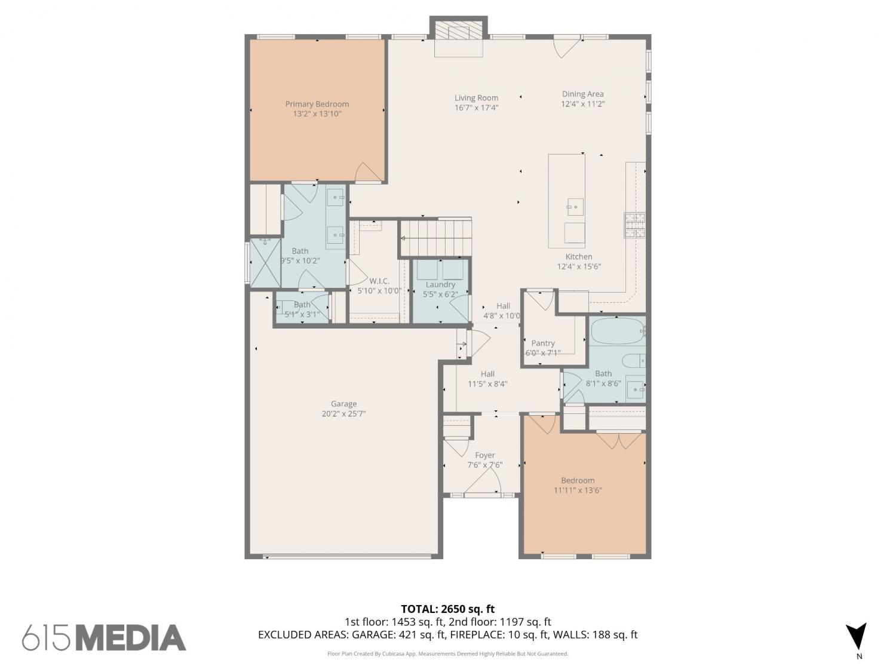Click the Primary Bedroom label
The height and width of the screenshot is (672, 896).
317,104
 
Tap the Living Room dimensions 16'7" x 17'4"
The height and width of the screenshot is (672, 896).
476,108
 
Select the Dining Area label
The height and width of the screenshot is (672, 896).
582,94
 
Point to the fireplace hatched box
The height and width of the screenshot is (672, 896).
458,30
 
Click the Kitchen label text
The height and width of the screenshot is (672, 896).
578,257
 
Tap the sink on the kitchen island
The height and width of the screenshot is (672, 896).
575,207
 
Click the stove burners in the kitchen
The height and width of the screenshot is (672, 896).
634,225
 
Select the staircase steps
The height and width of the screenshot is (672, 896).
436,238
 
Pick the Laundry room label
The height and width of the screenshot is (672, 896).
440,284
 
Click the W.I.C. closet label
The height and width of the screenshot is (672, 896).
379,281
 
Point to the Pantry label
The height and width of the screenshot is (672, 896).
543,343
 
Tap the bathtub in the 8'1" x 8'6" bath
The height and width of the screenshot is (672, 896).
618,331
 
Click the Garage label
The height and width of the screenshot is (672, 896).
343,404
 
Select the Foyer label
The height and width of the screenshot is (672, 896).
485,455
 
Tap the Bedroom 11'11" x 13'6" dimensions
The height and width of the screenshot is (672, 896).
578,490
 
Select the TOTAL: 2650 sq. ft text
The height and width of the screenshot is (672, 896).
448,609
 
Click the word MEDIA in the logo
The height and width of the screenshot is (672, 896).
131,638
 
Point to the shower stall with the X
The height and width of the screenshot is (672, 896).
265,263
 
